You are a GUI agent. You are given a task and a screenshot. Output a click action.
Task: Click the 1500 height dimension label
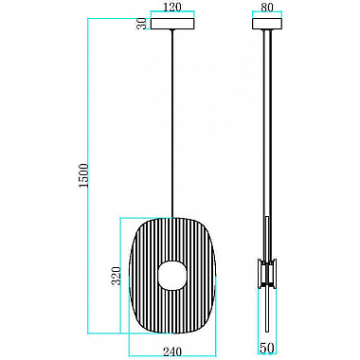click(83, 175)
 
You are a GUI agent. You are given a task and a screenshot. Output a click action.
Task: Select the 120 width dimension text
click(173, 7)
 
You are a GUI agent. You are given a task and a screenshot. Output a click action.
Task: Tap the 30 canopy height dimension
click(143, 24)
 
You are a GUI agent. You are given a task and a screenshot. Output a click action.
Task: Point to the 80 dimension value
click(267, 7)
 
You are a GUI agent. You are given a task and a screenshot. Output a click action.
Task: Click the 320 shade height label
click(117, 276)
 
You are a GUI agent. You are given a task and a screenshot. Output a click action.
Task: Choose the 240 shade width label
click(172, 351)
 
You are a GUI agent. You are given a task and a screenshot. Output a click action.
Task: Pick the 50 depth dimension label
click(267, 348)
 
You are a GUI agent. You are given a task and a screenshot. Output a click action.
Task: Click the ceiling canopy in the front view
click(172, 24)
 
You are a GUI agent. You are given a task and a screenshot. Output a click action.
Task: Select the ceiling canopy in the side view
click(267, 24)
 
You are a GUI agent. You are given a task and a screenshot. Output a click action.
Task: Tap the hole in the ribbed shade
click(172, 275)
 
